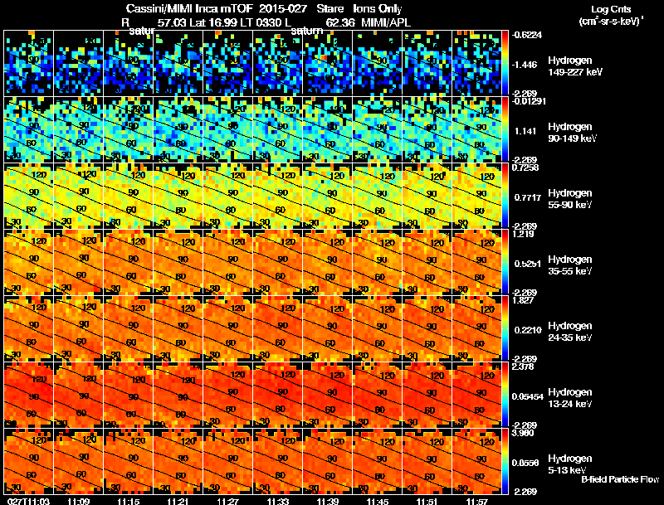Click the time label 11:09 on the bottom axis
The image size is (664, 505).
point(79,501)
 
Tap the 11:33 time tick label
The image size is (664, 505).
point(278,501)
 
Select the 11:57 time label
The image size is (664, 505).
point(477,501)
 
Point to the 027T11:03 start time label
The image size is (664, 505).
point(27,501)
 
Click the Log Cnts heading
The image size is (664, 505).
point(609,8)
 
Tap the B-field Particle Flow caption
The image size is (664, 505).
point(619,479)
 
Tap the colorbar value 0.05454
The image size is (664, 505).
point(527,397)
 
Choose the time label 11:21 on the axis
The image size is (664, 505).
point(178,501)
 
